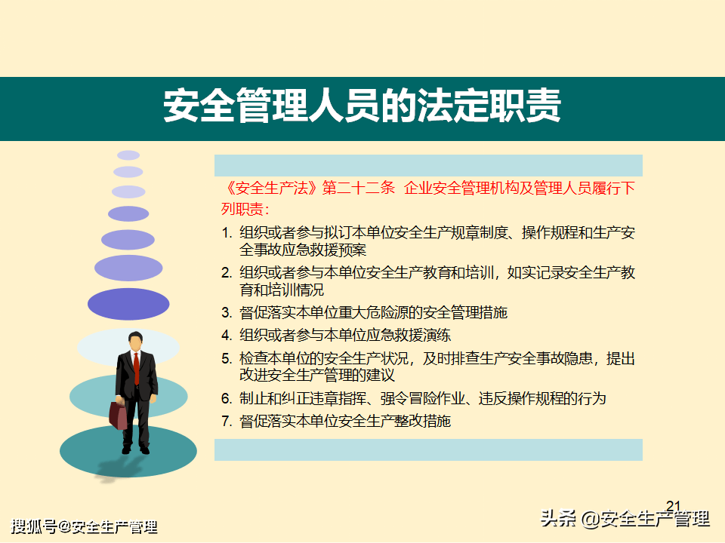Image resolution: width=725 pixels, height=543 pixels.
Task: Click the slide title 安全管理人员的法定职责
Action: pos(362,106)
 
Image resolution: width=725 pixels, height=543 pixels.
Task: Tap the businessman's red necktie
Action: pos(137,368)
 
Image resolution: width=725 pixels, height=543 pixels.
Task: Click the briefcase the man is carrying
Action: pos(118,415)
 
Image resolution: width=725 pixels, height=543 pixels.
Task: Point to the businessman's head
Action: pos(135,341)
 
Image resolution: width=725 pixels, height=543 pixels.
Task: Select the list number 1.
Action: pos(226,233)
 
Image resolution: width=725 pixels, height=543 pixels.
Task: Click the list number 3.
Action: pos(226,312)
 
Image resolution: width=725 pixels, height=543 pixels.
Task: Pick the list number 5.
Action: pos(226,358)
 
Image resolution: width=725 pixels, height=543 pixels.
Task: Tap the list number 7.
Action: pos(226,421)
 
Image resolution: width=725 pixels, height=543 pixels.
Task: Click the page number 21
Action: pos(674,506)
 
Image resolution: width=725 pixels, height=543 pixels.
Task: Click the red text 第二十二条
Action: pos(359,188)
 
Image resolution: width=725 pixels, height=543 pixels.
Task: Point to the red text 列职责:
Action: pos(245,209)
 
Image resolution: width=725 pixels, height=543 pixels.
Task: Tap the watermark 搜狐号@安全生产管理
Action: pos(84,527)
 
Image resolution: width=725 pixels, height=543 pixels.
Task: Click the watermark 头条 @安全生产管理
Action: pos(625,519)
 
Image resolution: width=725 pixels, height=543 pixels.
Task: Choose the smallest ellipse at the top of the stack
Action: pos(128,155)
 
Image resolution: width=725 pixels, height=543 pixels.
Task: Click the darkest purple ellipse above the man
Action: pos(128,304)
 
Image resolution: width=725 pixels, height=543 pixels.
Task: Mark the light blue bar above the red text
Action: pos(429,165)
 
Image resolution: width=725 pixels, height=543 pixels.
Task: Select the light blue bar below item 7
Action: pos(429,449)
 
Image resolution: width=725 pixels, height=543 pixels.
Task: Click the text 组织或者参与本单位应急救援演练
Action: pos(345,335)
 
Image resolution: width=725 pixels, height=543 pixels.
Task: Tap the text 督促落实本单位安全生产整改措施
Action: pos(345,421)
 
